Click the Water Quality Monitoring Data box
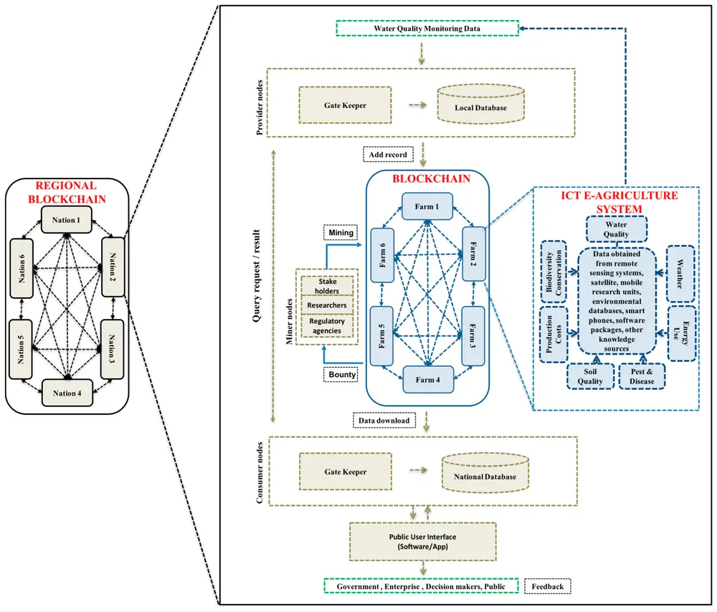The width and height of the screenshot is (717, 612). (x=427, y=29)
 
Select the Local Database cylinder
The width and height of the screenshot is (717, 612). (x=480, y=104)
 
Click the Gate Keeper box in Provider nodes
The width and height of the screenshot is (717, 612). (x=346, y=105)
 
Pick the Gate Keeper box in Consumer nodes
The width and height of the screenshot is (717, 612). (x=346, y=472)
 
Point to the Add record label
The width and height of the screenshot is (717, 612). (x=388, y=155)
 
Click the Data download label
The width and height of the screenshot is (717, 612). (x=384, y=421)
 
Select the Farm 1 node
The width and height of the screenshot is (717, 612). (x=427, y=206)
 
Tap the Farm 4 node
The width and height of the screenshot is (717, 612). (x=428, y=380)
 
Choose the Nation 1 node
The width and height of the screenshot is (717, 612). (x=66, y=220)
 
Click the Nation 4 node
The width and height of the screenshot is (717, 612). (x=67, y=393)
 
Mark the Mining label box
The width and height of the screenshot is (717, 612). (x=341, y=233)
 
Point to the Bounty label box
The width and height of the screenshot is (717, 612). (x=342, y=375)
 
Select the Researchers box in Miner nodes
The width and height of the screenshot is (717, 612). (x=327, y=305)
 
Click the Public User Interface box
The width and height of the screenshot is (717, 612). (x=423, y=542)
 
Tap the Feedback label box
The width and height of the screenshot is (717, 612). (x=547, y=586)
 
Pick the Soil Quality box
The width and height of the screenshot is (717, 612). (x=590, y=376)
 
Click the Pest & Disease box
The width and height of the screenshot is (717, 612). (x=642, y=376)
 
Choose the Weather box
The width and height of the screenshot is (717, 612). (x=680, y=274)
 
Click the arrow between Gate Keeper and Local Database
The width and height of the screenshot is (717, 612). (x=417, y=105)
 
